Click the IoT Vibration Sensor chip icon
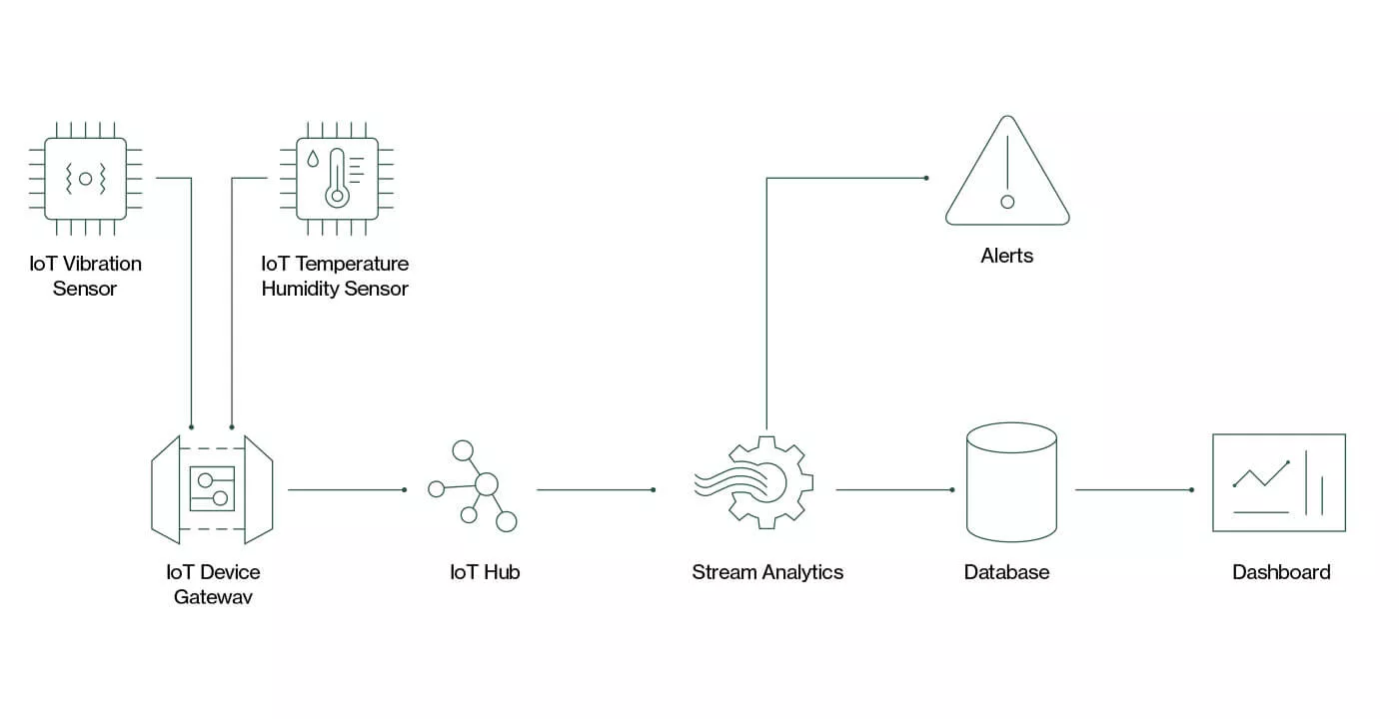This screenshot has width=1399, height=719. [85, 179]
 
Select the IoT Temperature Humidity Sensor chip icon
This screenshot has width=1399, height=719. [336, 179]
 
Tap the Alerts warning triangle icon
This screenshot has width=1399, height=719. [1007, 174]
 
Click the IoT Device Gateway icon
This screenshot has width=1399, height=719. [212, 489]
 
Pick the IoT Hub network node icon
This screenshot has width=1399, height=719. [474, 486]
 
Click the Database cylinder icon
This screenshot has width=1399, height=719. [1011, 481]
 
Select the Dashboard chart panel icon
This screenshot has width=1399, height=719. [1278, 482]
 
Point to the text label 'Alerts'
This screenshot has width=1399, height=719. [1007, 256]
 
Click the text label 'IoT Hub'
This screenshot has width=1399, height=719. [485, 572]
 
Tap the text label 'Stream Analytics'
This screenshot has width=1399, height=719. [767, 572]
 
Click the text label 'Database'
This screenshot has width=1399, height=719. [1006, 572]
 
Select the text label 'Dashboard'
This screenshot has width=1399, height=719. [1281, 572]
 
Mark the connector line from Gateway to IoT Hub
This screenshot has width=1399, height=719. [346, 489]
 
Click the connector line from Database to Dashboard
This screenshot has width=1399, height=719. [1133, 489]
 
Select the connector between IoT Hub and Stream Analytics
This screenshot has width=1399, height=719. [595, 489]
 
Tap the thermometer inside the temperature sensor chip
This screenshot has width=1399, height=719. [337, 180]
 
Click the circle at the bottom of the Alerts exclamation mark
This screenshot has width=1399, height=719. [1007, 202]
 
